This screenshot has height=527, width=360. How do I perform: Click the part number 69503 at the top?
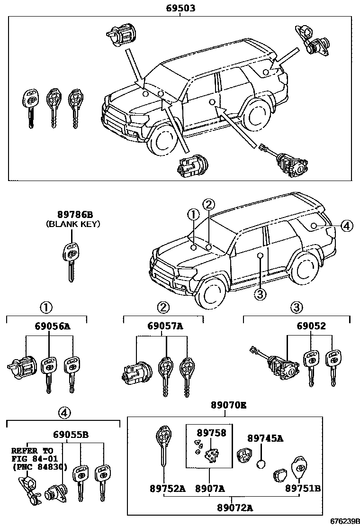[180, 8]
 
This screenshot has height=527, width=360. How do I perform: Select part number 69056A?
[52, 327]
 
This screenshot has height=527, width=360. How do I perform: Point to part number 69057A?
[165, 327]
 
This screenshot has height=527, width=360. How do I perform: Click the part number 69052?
[311, 327]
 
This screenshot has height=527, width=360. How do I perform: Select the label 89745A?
[266, 438]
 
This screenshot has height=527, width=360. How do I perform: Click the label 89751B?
[302, 488]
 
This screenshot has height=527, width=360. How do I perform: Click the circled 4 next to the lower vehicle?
[347, 226]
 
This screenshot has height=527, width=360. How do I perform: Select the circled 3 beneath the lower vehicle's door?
[261, 294]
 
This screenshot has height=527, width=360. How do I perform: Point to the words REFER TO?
[32, 450]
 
